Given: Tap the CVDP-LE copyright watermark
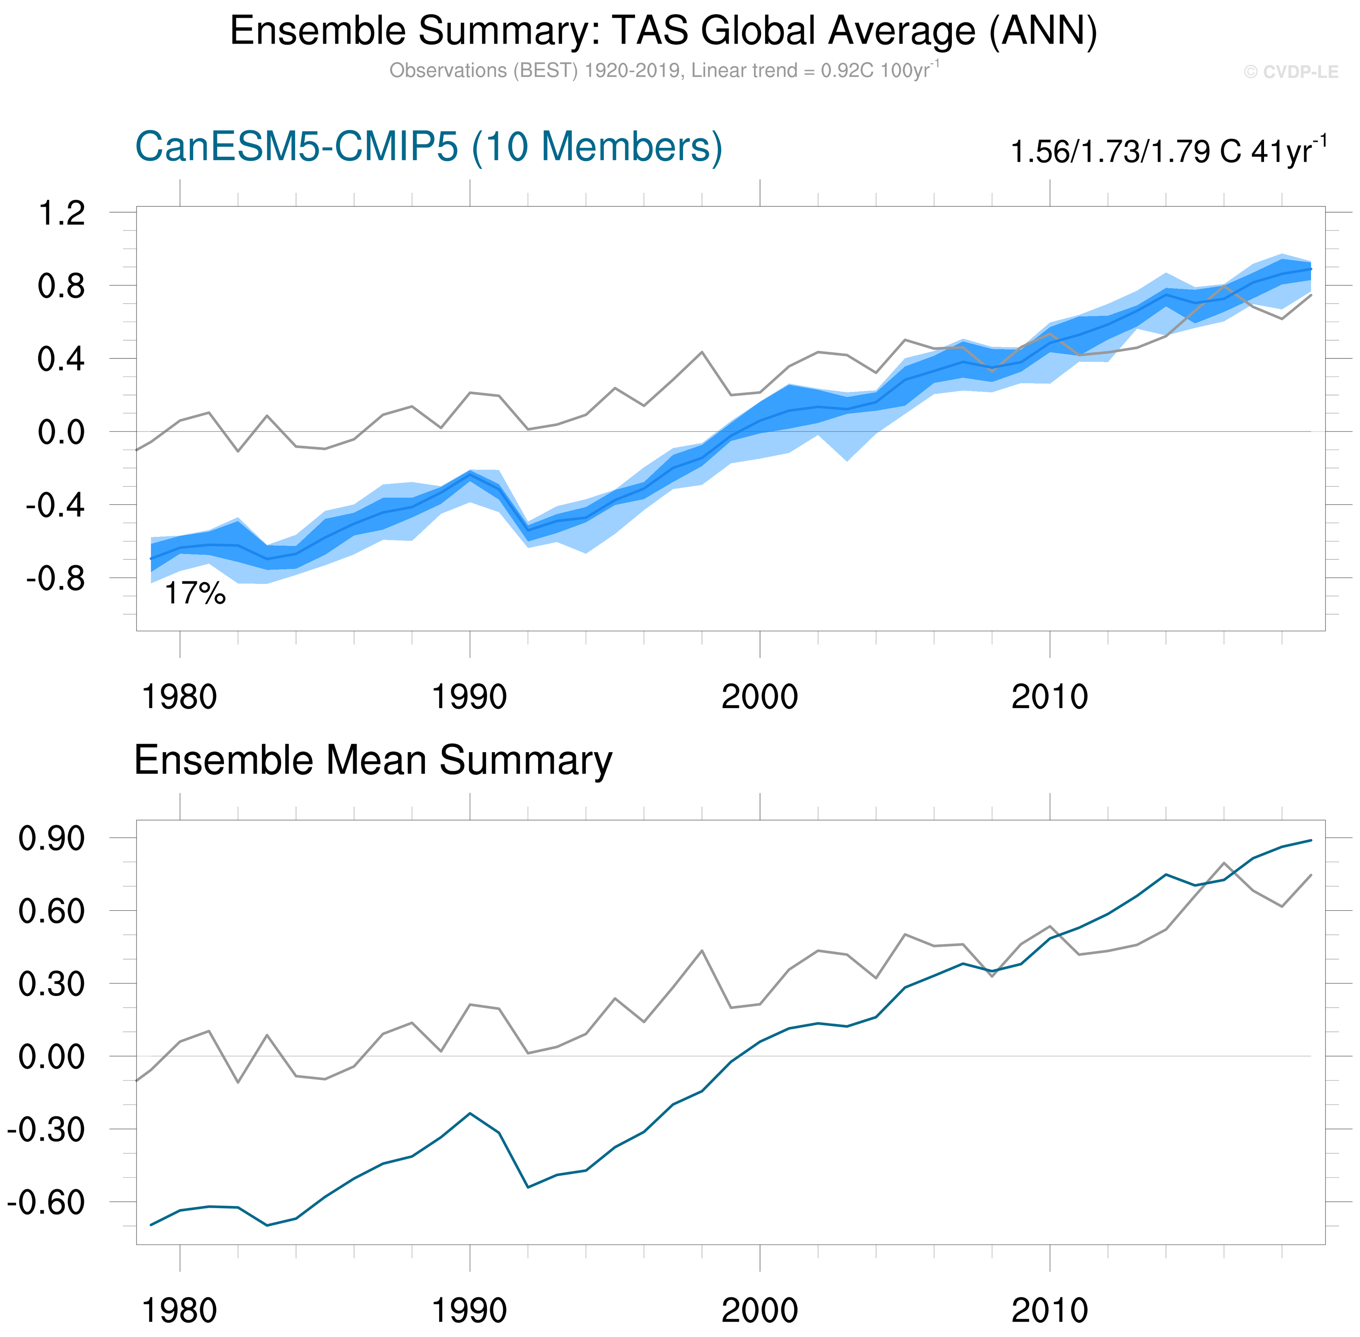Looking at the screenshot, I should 1290,72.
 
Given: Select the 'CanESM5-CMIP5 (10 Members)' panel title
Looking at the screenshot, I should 428,147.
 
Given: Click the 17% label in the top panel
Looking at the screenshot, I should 195,594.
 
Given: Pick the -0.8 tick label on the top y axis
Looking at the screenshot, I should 55,579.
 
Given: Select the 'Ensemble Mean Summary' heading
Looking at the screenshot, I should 373,760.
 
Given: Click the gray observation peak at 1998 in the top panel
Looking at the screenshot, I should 702,352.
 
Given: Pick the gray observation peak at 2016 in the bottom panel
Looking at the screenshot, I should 1224,863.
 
